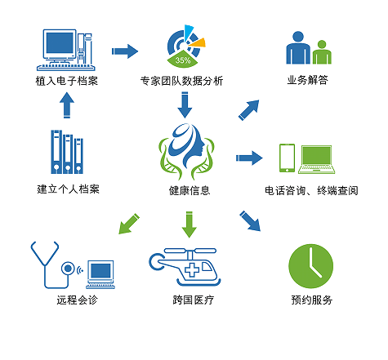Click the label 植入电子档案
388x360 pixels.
coord(67,81)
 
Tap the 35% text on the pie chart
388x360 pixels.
coord(183,60)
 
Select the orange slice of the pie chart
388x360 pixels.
coord(198,43)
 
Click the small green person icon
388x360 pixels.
coord(322,52)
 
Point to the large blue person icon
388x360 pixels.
coord(298,48)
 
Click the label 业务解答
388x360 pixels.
coord(307,80)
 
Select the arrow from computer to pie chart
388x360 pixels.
coord(125,51)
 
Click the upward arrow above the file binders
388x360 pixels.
coord(67,105)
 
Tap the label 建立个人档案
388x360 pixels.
coord(68,189)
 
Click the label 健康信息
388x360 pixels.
coord(190,190)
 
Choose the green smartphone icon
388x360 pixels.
coord(287,158)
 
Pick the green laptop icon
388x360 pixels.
coord(316,159)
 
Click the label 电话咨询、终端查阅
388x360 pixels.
coord(311,190)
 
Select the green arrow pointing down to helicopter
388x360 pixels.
coord(190,224)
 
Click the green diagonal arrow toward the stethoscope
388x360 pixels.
coord(129,224)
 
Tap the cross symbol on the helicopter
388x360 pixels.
coord(192,269)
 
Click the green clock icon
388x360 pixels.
coord(310,266)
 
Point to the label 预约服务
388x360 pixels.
coord(312,300)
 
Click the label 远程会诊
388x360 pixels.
coord(77,300)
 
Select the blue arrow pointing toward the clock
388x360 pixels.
coord(250,221)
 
